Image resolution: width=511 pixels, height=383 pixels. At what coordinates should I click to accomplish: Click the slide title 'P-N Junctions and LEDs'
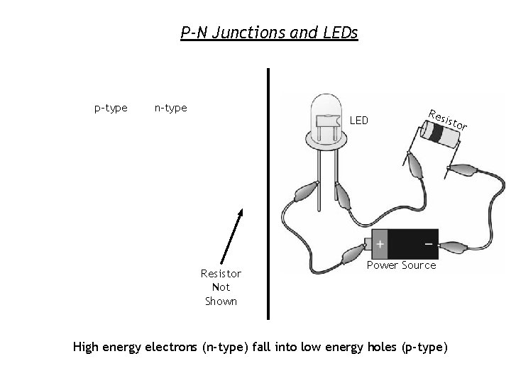coord(270,33)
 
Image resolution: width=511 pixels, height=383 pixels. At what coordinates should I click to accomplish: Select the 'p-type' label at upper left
coord(111,108)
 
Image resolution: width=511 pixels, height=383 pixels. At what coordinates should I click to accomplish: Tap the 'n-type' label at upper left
coord(170,108)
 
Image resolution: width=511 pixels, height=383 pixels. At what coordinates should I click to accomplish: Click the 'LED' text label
coord(359,121)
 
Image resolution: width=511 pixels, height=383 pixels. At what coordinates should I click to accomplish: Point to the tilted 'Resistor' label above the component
coord(448,120)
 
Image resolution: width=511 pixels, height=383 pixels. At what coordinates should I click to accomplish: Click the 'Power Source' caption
coord(401,265)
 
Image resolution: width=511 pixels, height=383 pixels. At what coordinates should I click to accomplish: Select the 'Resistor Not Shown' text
coord(221,287)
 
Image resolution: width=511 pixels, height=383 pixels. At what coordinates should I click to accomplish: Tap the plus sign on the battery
coord(380,244)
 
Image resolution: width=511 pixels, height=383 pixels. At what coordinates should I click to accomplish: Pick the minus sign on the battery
coord(428,243)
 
